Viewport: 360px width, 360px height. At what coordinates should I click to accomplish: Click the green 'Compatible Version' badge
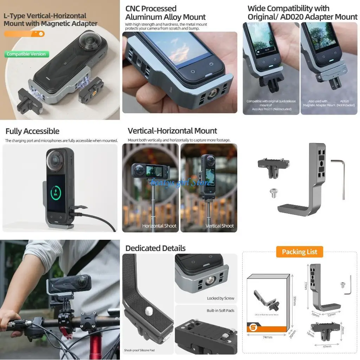26,54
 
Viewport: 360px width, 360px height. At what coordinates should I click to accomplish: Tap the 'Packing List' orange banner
300,252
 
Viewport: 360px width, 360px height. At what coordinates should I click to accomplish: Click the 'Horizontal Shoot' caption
159,226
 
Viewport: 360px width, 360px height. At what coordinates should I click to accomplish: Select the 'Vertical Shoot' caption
219,226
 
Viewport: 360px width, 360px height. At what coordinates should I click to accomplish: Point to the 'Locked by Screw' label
220,298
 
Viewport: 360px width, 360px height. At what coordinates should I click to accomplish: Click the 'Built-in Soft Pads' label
220,311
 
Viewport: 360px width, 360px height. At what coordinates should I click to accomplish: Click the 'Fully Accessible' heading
32,131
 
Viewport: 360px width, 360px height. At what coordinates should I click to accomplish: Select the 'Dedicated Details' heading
155,248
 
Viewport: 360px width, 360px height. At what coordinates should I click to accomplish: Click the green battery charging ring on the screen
56,193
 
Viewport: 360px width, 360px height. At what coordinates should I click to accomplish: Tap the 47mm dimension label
328,347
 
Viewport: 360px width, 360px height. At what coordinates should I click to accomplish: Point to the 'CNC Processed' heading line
151,8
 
